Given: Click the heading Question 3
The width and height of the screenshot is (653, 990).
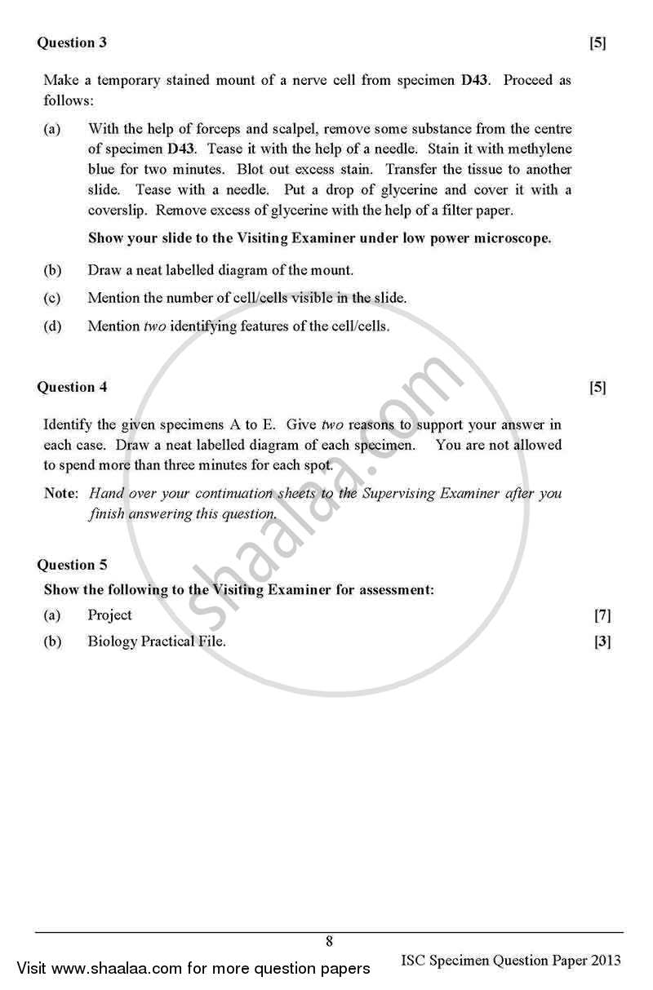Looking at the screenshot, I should coord(72,42).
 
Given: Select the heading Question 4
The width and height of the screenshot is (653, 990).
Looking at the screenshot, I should coord(72,387).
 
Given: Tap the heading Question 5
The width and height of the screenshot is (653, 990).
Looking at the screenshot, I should coord(72,565).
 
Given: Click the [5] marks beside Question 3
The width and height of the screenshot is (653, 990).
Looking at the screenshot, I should coord(597,43).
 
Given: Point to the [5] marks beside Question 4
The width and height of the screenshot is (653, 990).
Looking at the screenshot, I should coord(597,388).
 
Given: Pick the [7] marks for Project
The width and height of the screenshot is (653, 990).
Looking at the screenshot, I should coord(602,615).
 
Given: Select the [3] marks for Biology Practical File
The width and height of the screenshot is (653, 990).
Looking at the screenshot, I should coord(602,642).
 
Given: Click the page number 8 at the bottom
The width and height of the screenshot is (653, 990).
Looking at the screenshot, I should coord(329,941).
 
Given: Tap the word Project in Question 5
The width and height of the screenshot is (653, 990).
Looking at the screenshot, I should coord(109,615).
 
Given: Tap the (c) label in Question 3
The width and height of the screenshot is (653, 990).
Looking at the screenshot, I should coord(51,298).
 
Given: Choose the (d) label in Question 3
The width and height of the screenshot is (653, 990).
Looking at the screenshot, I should coord(51,326).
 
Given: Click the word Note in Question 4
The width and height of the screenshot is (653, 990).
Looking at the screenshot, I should coord(60,494).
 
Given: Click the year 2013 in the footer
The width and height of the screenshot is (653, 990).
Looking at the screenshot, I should coord(605,960).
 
